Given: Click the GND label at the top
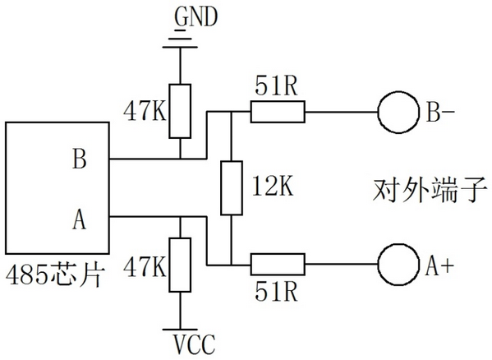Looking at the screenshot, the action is [195, 17].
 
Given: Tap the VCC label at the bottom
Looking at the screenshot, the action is [195, 344].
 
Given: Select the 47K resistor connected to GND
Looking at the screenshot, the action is [180, 111].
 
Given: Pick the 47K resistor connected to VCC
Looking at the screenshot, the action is [180, 265].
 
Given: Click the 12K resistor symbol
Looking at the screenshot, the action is [232, 188].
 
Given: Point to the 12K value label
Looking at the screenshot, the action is [273, 187].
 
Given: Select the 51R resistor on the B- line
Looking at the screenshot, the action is [278, 112].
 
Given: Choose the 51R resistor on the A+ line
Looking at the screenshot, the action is [278, 265].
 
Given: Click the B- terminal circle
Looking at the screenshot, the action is [399, 112].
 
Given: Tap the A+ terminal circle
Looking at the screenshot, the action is [399, 265].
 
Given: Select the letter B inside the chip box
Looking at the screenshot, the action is [79, 159].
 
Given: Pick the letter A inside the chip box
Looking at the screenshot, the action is [79, 219].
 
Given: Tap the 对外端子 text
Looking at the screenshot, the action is [430, 190].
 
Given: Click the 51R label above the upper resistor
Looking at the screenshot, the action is [276, 86].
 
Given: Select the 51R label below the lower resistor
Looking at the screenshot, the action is [276, 292].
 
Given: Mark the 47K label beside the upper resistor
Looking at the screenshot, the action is [145, 112].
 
